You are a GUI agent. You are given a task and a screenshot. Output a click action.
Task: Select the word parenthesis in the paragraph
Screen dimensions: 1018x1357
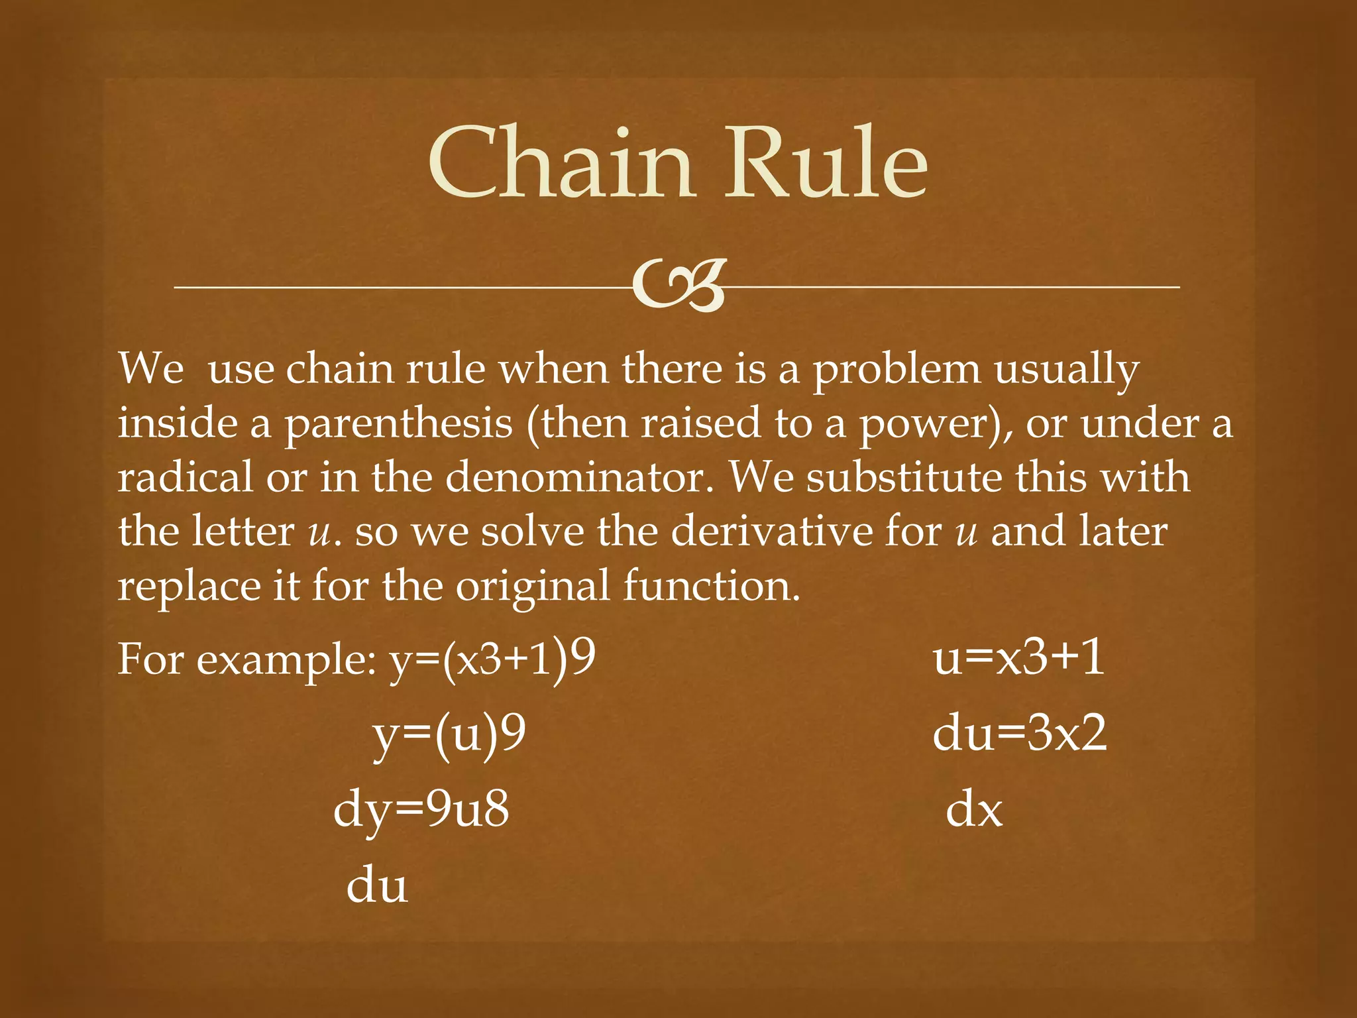tap(398, 424)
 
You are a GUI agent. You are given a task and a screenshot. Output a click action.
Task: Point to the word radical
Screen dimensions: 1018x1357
tap(186, 477)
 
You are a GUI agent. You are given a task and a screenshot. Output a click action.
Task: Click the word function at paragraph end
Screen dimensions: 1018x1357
tap(710, 586)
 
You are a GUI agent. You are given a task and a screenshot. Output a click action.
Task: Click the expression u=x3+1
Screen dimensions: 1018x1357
tap(1019, 659)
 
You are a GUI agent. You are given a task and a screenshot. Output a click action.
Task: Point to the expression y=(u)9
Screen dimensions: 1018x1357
tap(450, 734)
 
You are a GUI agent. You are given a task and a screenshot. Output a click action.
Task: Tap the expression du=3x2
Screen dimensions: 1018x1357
tap(1019, 734)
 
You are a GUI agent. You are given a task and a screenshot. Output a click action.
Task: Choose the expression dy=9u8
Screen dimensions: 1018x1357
tap(421, 810)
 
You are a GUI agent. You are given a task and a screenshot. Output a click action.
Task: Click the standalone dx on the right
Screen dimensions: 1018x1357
tap(973, 810)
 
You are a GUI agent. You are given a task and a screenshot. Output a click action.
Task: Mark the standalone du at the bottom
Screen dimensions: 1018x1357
tap(377, 885)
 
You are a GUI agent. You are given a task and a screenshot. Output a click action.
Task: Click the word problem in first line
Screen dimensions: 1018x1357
tap(896, 370)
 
